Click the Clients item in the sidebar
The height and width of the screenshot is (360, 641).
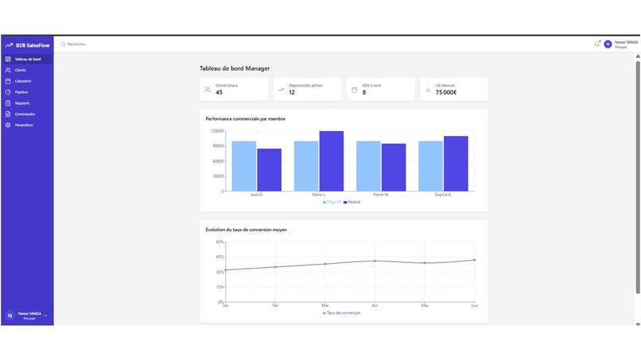click(x=20, y=70)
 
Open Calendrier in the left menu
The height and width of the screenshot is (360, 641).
click(x=22, y=81)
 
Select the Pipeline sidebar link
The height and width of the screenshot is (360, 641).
click(x=21, y=92)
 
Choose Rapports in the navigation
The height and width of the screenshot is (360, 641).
click(x=21, y=103)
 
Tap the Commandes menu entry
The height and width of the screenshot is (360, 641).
click(x=24, y=114)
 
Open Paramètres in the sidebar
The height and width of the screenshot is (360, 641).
click(x=23, y=125)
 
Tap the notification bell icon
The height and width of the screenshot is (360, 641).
click(x=596, y=45)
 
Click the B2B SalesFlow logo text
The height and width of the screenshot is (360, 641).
click(x=32, y=45)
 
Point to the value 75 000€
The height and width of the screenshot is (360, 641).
click(x=445, y=92)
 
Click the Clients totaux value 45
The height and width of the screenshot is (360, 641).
click(x=219, y=92)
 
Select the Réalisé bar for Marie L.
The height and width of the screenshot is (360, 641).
click(x=331, y=161)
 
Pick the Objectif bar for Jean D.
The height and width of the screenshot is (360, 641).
click(x=244, y=166)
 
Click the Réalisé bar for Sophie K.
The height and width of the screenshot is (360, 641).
click(x=456, y=164)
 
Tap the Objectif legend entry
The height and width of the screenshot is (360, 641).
click(x=332, y=202)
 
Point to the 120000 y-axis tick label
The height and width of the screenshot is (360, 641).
click(x=216, y=131)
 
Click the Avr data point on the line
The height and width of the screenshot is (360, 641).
click(x=375, y=261)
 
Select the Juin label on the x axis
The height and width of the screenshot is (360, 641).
click(x=474, y=305)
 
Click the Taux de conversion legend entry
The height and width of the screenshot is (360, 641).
click(x=341, y=313)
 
